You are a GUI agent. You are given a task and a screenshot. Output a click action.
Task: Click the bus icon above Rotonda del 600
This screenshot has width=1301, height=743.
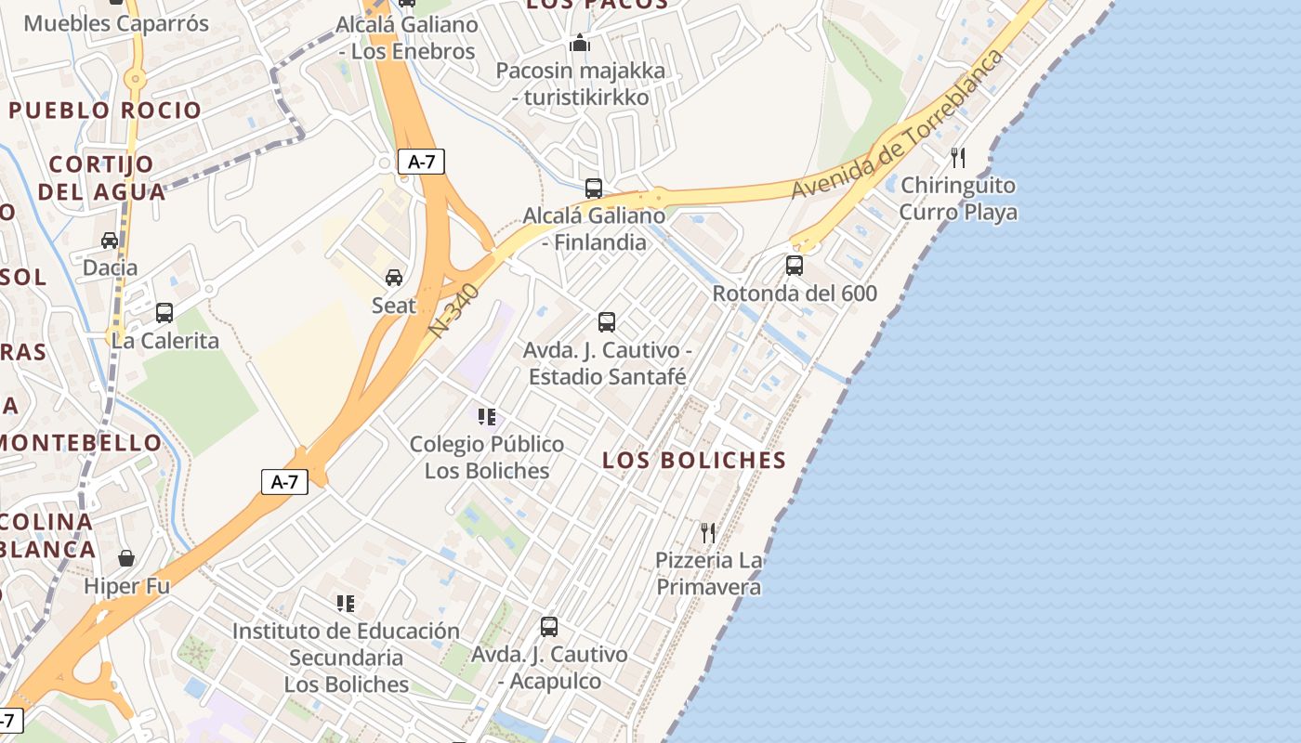(x=795, y=266)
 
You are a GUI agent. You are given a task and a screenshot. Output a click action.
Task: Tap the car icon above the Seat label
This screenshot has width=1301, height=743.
(x=394, y=277)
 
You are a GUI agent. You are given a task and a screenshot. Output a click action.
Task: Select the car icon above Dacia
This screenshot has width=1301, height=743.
(x=110, y=241)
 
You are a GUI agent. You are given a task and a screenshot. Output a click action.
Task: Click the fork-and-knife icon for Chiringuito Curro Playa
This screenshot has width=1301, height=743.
(x=958, y=158)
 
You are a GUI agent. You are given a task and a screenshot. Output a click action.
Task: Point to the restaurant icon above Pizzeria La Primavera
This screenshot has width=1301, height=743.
(x=708, y=532)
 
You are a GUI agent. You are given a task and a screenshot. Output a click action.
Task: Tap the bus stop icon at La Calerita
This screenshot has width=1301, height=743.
(x=164, y=313)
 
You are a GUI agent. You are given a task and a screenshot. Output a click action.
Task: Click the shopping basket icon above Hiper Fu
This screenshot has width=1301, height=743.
(x=126, y=558)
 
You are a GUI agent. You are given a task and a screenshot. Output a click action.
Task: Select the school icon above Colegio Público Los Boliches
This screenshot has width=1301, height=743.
(x=487, y=417)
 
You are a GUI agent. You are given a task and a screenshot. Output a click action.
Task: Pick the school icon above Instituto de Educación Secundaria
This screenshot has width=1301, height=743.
(x=346, y=604)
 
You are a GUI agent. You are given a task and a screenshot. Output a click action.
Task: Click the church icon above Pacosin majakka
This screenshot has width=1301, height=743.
(x=580, y=43)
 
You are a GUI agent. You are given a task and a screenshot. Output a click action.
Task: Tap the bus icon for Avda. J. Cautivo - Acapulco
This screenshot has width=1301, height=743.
(x=549, y=627)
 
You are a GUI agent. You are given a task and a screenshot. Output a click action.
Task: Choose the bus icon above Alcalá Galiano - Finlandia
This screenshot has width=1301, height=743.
(x=594, y=189)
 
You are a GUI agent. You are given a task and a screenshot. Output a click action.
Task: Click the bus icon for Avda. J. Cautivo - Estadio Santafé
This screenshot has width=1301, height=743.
(x=607, y=322)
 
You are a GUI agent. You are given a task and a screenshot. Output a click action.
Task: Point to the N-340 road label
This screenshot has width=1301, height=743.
(x=454, y=310)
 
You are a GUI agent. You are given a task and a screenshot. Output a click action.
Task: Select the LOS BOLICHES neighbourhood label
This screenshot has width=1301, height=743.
(x=694, y=460)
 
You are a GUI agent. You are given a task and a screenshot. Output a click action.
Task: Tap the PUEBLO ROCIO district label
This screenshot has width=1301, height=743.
(x=105, y=111)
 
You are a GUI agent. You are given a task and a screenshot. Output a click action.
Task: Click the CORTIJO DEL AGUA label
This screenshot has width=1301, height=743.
(x=101, y=178)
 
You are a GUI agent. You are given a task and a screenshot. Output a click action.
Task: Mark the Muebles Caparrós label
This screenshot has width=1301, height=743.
(x=116, y=23)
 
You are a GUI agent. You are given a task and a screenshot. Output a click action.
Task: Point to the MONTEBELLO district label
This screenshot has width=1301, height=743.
(x=68, y=442)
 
